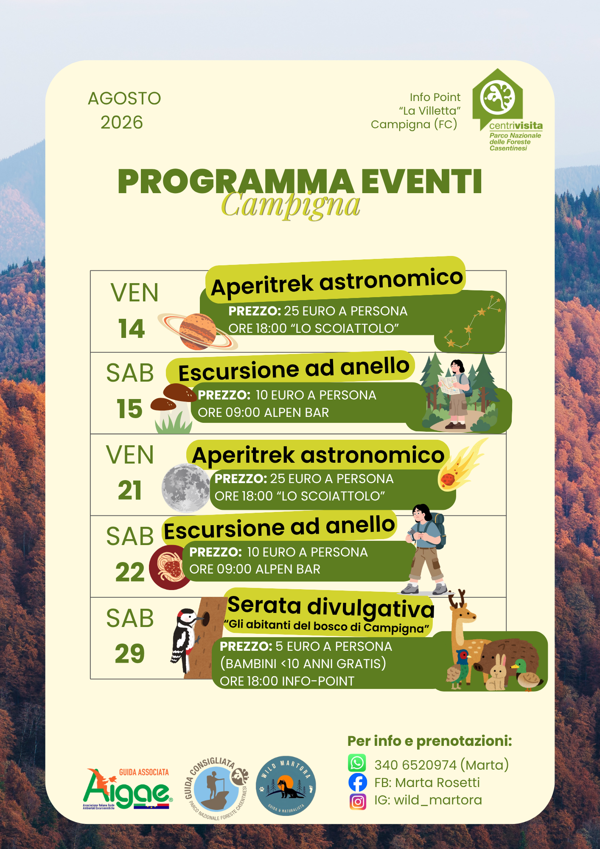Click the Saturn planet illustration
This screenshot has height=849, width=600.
click(197, 332)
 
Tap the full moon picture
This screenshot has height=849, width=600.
click(186, 488)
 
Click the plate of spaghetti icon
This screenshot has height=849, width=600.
click(171, 568)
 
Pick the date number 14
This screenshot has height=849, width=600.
click(132, 329)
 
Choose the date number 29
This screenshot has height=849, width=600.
click(130, 653)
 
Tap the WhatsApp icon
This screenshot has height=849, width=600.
click(357, 763)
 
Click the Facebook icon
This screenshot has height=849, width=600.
click(358, 782)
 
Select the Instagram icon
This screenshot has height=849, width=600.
click(358, 802)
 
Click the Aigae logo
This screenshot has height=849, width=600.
click(128, 789)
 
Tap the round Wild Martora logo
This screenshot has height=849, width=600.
click(286, 786)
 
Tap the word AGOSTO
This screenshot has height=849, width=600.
click(124, 98)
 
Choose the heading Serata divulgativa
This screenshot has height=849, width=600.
click(331, 607)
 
